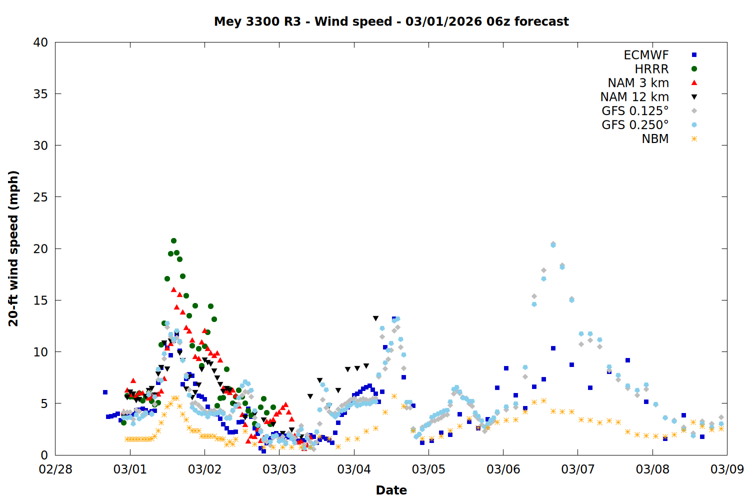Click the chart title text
point(391,21)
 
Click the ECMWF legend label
point(646,55)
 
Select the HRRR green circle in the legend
point(694,69)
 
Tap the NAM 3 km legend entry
point(638,83)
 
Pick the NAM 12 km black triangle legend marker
point(694,97)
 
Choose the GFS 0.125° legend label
point(635,111)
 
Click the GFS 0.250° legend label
point(635,125)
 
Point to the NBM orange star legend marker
point(694,139)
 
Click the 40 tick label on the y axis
point(40,42)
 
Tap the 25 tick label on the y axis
point(40,197)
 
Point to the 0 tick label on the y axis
point(44,455)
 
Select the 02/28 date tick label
point(55,469)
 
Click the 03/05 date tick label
point(428,469)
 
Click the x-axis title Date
point(391,490)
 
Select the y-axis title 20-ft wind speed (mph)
point(13,248)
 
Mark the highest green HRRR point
point(173,240)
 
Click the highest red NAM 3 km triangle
point(173,289)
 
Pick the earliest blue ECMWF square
point(105,392)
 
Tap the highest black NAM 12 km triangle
point(375,318)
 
